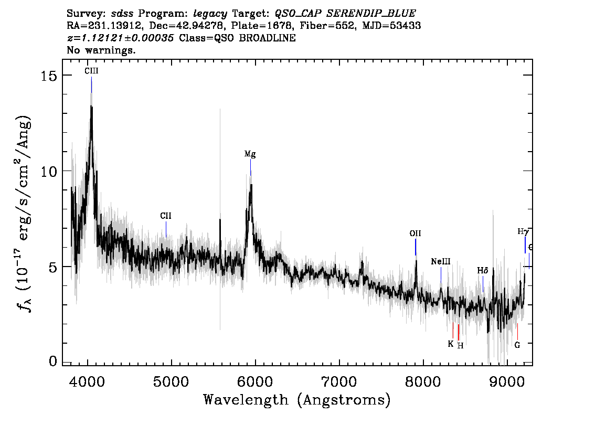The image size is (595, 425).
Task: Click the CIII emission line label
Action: coord(91,71)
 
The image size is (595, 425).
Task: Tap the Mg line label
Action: coord(250,154)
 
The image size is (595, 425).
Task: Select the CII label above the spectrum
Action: coord(166,216)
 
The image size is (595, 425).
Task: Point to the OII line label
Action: coord(415,233)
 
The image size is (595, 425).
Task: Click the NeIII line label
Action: coord(441,261)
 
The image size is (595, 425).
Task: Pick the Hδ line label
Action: coord(483,271)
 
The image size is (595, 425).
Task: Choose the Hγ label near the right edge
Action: coord(524,231)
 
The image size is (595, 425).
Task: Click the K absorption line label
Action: coord(451,344)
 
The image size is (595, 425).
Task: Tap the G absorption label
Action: coord(517,345)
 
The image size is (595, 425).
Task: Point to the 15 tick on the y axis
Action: coord(49,76)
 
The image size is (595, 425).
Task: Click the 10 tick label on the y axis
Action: coord(49,171)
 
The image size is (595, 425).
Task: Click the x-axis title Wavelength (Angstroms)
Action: coord(297,400)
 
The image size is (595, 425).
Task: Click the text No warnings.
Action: coord(101,50)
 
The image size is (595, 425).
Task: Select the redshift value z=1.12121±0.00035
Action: coord(121,38)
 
